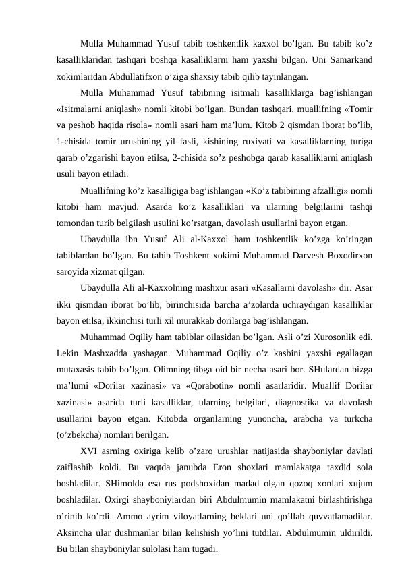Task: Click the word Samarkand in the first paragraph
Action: pos(353,59)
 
